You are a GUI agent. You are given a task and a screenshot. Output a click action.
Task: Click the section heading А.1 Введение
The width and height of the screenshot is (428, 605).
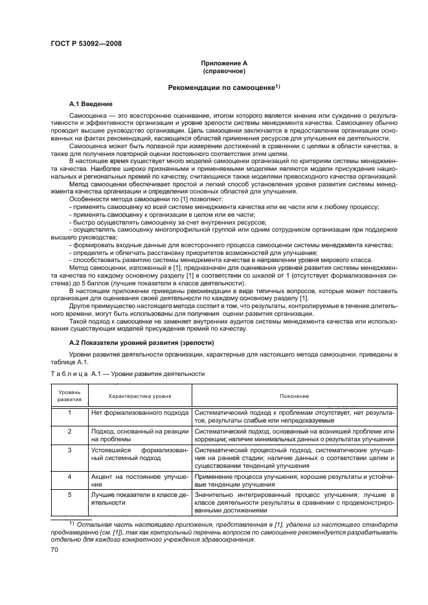click(91, 104)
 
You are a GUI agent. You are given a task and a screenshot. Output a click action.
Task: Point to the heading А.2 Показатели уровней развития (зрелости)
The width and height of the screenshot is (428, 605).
click(141, 342)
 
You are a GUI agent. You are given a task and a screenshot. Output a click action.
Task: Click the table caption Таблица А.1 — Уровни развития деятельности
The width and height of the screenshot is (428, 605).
click(128, 373)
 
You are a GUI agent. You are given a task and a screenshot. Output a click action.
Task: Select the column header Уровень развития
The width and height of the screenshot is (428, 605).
click(69, 395)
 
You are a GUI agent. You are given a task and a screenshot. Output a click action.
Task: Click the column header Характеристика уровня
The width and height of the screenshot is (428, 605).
click(139, 395)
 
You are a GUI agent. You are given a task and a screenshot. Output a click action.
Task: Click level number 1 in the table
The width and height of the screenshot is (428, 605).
click(69, 412)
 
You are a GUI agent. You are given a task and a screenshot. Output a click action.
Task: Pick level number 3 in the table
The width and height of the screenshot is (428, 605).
click(69, 448)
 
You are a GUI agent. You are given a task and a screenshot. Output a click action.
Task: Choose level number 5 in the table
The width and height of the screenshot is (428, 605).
click(69, 494)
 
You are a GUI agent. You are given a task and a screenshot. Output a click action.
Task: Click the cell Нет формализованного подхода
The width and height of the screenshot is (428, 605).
click(139, 412)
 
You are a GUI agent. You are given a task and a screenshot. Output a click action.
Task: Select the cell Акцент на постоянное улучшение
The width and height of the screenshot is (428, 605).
click(139, 479)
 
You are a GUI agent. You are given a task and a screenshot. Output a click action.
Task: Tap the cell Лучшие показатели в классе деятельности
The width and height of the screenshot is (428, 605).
click(139, 498)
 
